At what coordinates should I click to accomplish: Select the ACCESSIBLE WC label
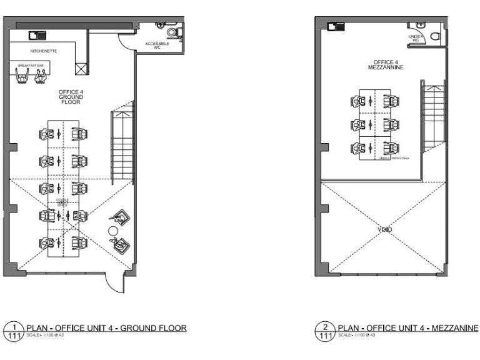point(157,46)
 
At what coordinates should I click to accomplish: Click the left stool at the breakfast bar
point(23,76)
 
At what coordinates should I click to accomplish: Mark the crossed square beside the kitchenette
point(81,69)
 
